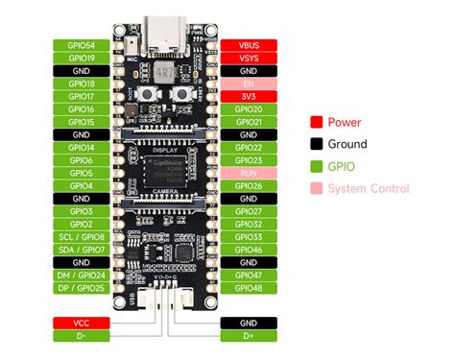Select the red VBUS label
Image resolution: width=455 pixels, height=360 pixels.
[x=249, y=45]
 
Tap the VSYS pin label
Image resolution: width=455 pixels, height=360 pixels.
[x=249, y=58]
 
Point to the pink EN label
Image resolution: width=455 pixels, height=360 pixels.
[x=249, y=84]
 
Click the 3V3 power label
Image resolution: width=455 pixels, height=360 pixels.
[x=249, y=96]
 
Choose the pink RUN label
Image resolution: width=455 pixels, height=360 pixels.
[x=249, y=173]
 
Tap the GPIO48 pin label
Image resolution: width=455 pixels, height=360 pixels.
[x=249, y=287]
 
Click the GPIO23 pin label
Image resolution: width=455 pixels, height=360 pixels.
[x=249, y=160]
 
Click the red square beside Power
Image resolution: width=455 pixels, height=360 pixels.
[x=315, y=122]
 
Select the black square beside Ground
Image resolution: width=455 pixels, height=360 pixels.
[x=315, y=144]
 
